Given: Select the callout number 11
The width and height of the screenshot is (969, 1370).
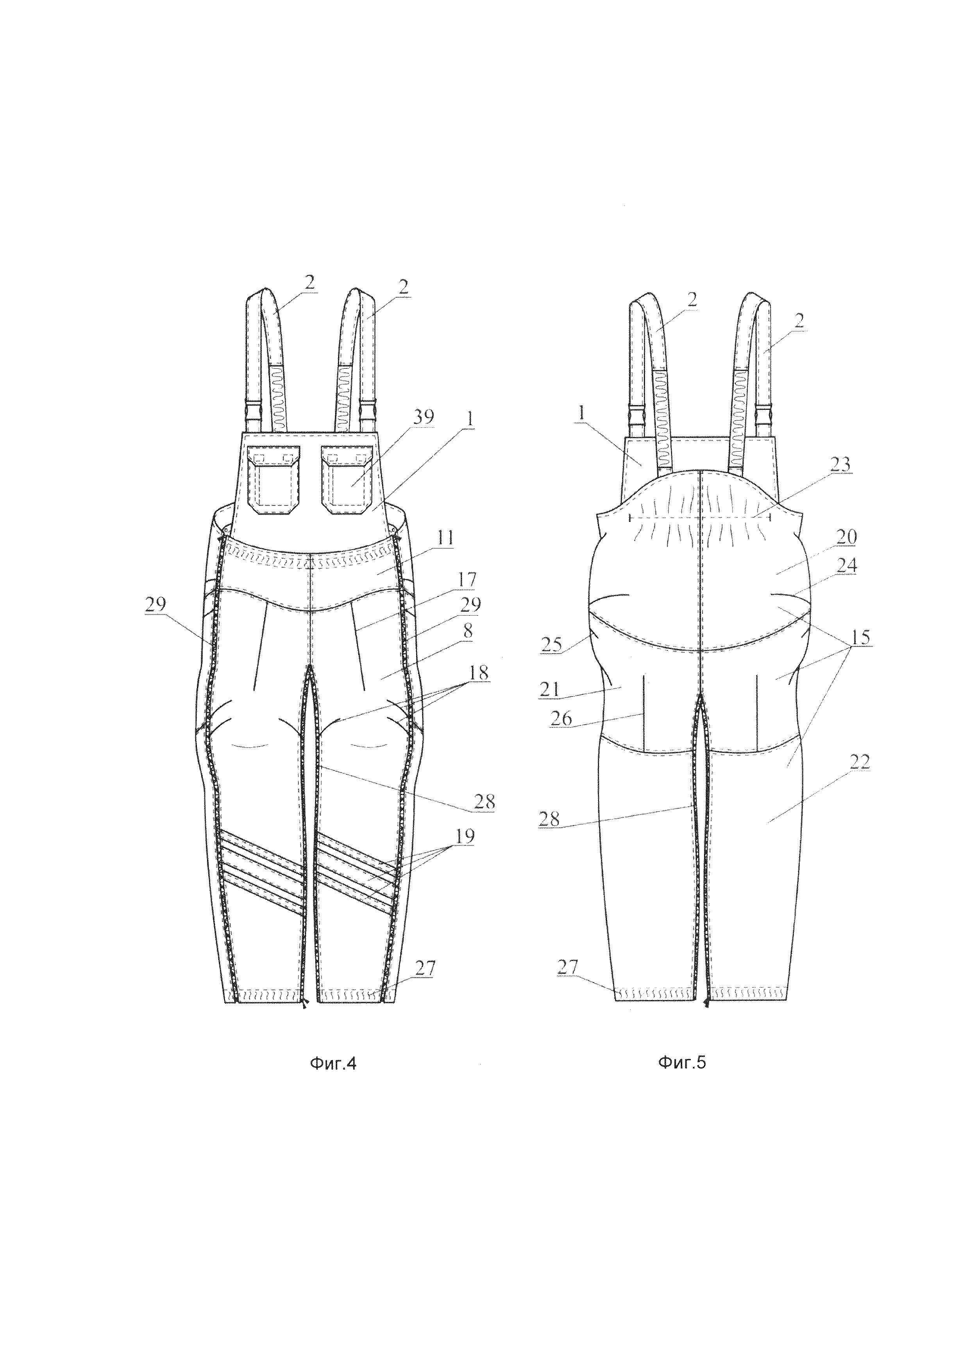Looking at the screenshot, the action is [x=445, y=538].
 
